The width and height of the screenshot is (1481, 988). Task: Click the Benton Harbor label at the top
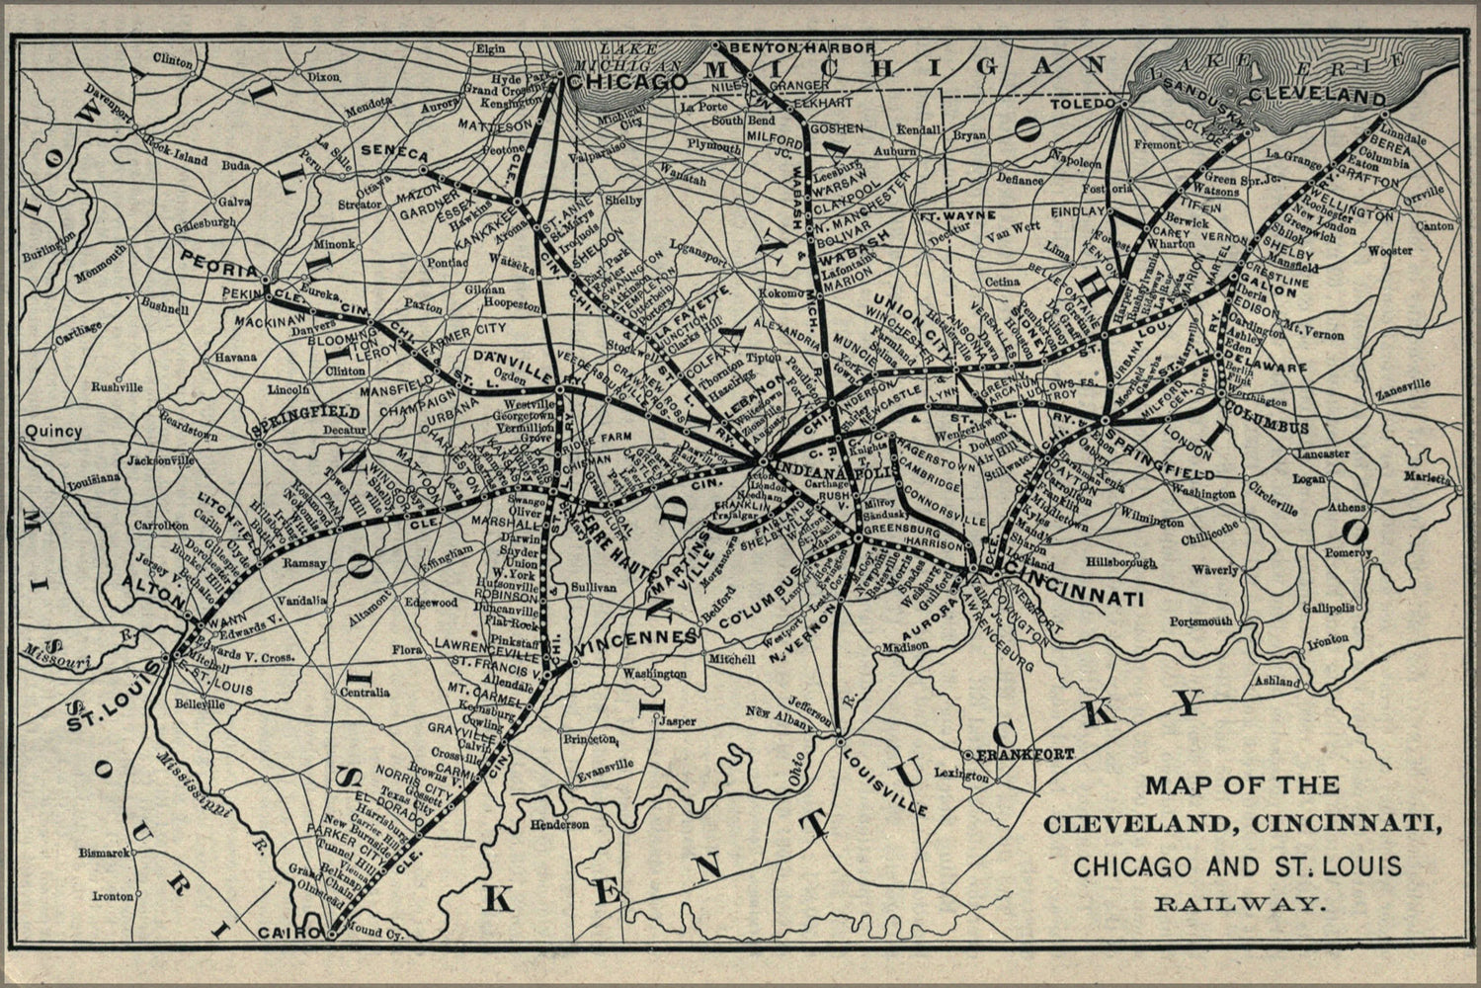click(x=800, y=47)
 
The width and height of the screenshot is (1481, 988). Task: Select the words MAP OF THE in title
click(x=1242, y=786)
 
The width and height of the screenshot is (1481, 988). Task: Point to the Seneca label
click(x=394, y=155)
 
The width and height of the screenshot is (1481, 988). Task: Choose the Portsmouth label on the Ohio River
click(x=1201, y=621)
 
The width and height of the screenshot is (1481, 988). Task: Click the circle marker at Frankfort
click(x=969, y=755)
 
